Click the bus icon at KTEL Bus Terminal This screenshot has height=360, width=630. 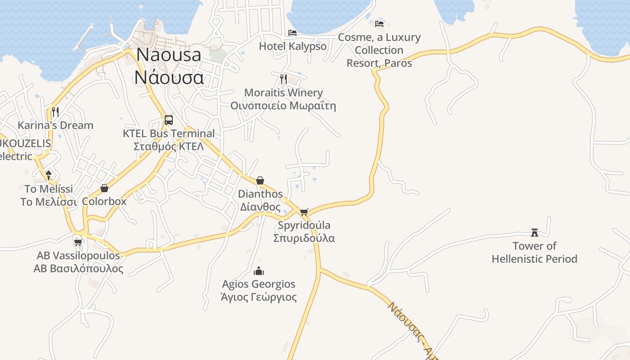(x=169, y=120)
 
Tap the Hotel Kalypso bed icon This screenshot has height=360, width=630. (x=292, y=33)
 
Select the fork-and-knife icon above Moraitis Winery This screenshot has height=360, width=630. (x=283, y=79)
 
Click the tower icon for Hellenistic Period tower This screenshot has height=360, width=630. (x=535, y=233)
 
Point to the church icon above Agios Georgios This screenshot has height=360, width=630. (x=259, y=271)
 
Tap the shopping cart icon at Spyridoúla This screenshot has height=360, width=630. (x=304, y=212)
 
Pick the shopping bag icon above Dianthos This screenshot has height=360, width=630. (x=260, y=180)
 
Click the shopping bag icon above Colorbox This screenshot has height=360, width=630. (x=104, y=188)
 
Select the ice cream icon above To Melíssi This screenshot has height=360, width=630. (x=49, y=175)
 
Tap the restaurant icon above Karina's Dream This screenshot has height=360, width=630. (x=55, y=112)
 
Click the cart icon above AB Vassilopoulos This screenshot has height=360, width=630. (x=78, y=243)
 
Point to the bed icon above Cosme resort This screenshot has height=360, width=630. (x=379, y=24)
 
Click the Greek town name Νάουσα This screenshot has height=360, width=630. (x=169, y=77)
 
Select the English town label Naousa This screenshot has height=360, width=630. (x=169, y=54)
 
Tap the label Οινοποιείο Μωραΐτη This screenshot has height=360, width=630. (x=283, y=106)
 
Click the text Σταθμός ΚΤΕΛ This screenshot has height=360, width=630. (x=169, y=146)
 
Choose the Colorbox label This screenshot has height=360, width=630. (x=104, y=201)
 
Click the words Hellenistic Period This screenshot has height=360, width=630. (x=534, y=259)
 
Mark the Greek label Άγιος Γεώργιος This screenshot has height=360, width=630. (x=259, y=297)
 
